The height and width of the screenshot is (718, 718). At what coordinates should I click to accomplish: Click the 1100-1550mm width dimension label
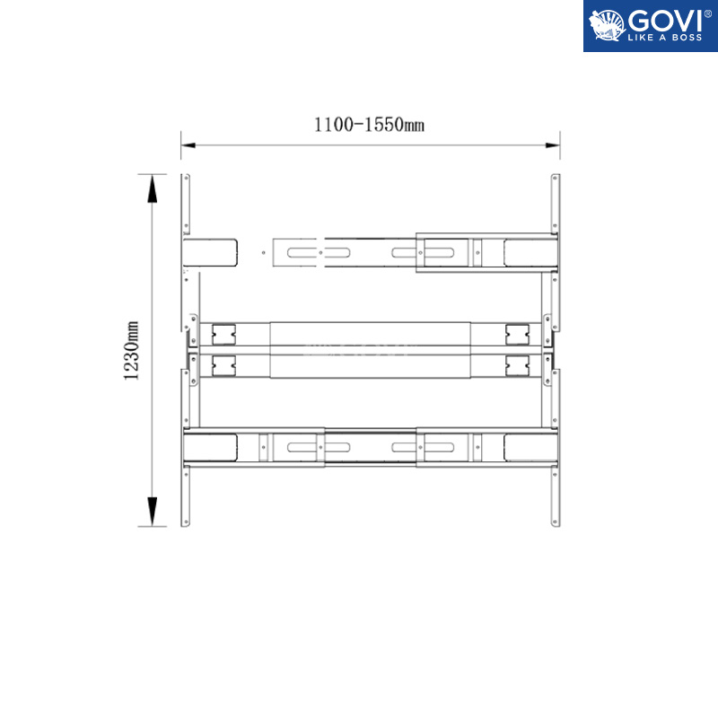[369, 125]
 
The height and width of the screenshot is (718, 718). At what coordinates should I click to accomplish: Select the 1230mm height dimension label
[131, 350]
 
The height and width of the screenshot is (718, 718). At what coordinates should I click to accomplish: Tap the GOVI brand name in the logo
[664, 21]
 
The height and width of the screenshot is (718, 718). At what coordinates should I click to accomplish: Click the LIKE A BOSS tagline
[664, 38]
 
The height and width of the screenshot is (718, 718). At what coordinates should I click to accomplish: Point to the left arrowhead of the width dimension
[188, 145]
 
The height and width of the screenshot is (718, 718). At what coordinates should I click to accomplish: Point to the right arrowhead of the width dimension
[553, 145]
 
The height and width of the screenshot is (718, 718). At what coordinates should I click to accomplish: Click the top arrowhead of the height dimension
[152, 188]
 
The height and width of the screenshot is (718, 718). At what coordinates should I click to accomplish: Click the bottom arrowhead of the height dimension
[152, 511]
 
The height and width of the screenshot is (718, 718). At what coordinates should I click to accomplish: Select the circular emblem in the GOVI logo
[607, 25]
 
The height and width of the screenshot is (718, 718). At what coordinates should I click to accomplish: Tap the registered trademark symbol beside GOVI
[707, 13]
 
